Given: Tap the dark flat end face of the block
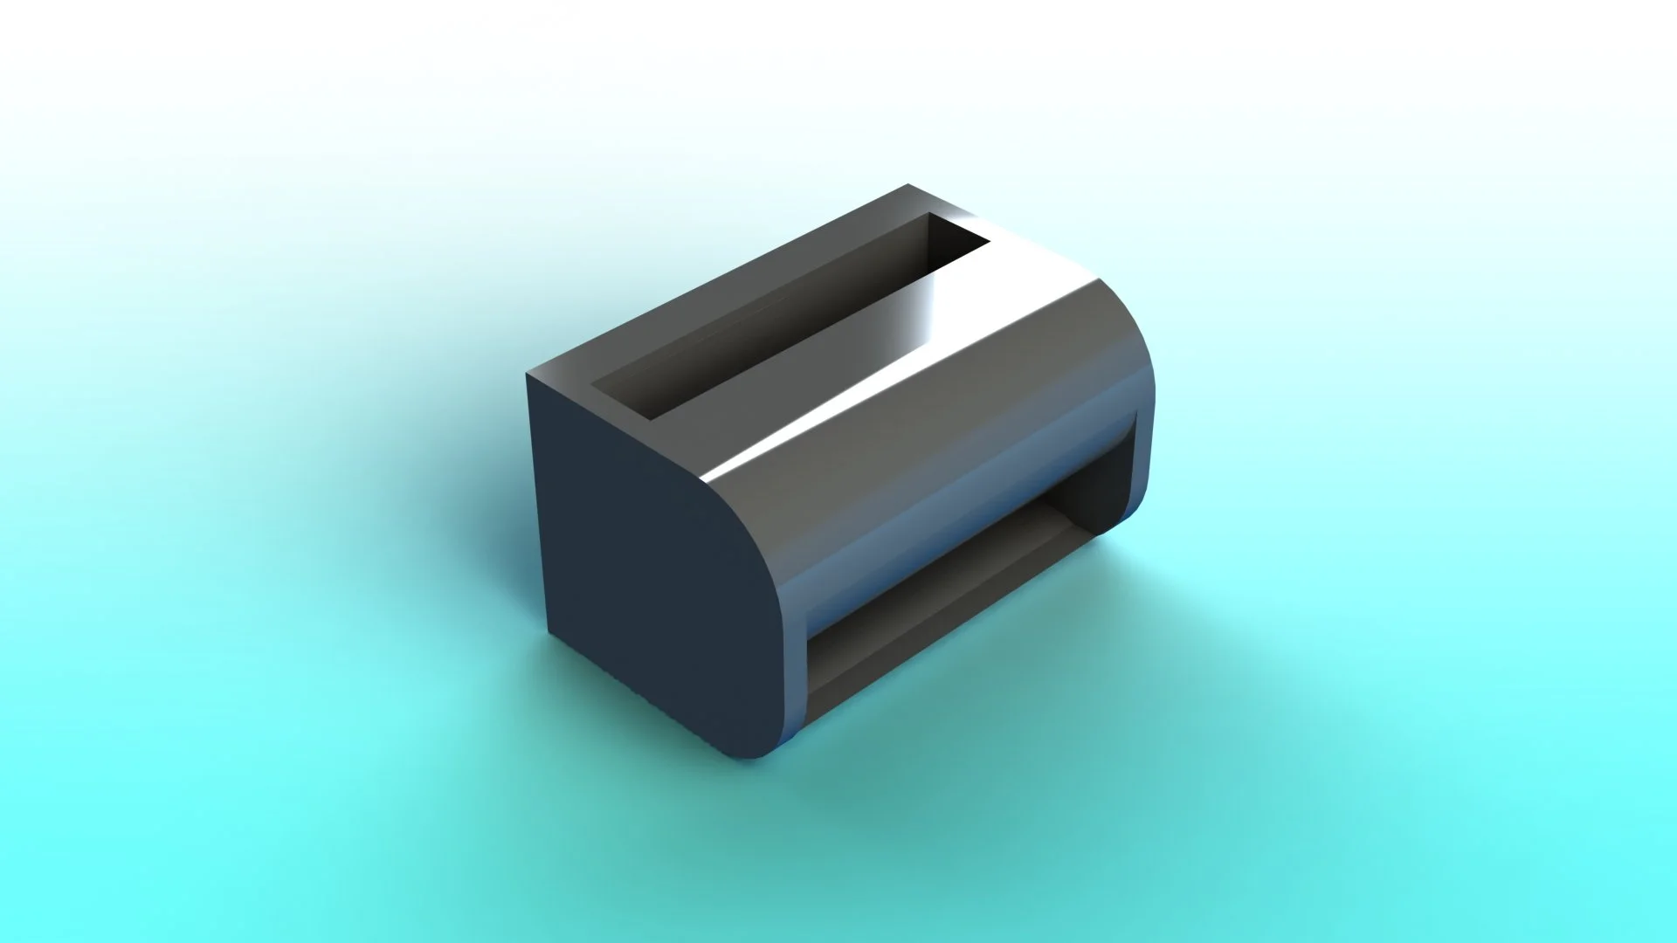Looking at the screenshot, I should coord(646,559).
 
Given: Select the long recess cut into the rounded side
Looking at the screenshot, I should coord(970,594).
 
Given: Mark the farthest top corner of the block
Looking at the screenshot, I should coord(908,186).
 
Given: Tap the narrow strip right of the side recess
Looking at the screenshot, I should coord(1140,463).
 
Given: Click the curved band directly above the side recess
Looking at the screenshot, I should coord(961,489).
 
